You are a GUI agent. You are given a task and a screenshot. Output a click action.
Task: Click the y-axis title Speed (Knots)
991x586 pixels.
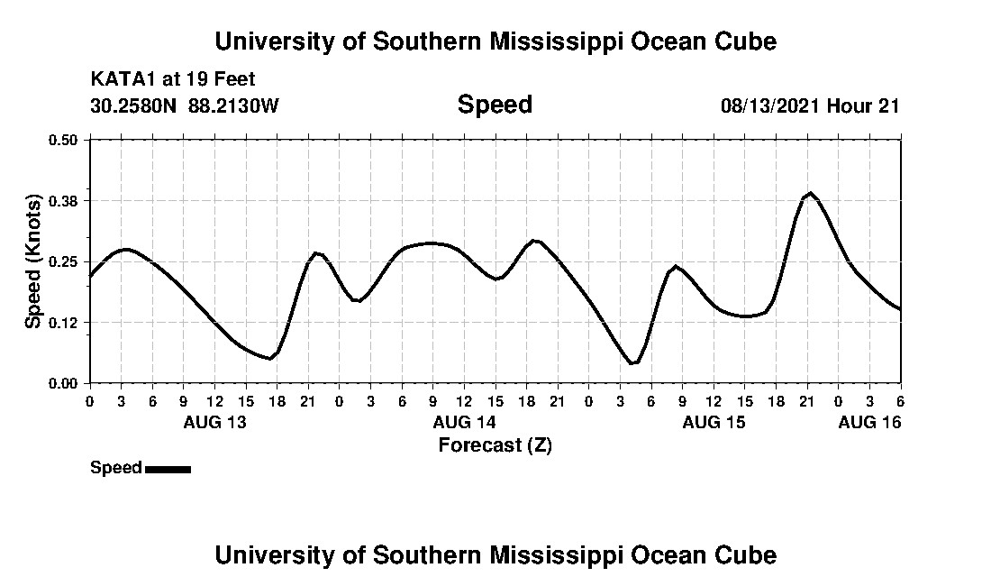point(33,261)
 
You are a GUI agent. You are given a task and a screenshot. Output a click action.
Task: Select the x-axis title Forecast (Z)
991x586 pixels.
point(495,444)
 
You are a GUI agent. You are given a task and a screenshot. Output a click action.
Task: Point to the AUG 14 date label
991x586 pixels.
point(464,422)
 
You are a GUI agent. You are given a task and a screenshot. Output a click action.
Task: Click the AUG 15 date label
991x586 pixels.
point(714,422)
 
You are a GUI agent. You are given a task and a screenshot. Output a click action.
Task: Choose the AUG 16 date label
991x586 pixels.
point(869,422)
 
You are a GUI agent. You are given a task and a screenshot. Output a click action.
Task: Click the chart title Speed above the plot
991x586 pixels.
point(495,105)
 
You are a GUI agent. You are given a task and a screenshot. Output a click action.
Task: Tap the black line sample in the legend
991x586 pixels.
point(168,469)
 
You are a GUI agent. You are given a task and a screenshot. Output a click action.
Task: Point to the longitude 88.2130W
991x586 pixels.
point(234,105)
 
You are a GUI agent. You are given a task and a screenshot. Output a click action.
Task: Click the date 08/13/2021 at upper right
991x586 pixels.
point(769,105)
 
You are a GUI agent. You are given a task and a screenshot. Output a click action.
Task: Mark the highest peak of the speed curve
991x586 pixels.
point(811,193)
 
